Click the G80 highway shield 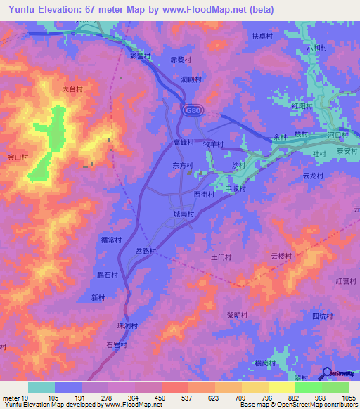coord(192,110)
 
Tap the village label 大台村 coord(72,89)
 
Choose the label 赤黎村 coord(182,60)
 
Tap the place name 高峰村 coord(183,142)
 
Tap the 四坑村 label coord(322,316)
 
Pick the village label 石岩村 coord(116,345)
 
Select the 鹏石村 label coord(107,275)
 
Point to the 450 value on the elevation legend coord(161,398)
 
